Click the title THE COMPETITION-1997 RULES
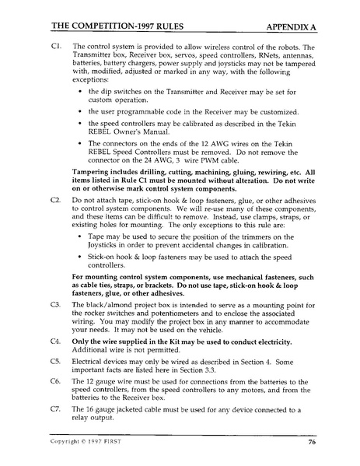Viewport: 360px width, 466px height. [103, 26]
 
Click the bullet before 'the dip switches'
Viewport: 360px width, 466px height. [81, 93]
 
